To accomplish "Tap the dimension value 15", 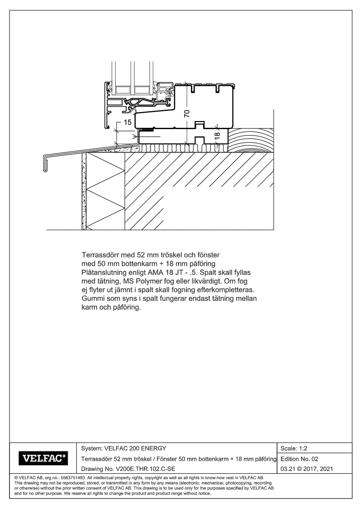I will tap(127, 123).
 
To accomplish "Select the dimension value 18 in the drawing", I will tap(217, 135).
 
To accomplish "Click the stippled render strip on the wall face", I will tap(83, 190).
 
